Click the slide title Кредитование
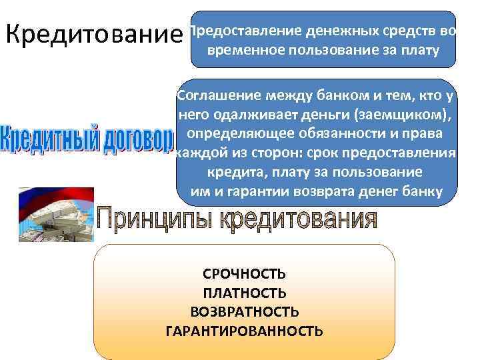point(93,33)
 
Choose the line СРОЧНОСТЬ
point(244,275)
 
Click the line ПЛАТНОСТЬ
point(244,293)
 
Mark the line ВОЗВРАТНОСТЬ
point(244,312)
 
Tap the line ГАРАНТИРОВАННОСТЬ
point(244,331)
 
